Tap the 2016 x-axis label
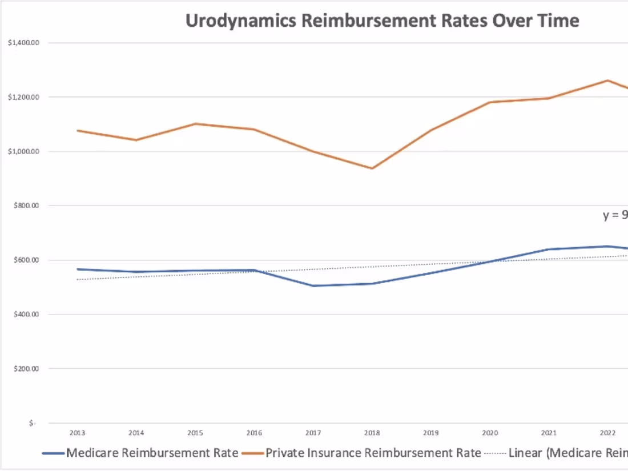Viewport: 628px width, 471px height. tap(254, 432)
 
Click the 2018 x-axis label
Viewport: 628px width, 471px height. tap(372, 432)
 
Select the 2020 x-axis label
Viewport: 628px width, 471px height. tap(490, 432)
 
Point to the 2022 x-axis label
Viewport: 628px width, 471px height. tap(609, 432)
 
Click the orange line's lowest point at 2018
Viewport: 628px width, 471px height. tap(372, 168)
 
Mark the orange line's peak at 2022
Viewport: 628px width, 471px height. tap(609, 80)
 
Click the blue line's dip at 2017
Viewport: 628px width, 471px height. tap(313, 285)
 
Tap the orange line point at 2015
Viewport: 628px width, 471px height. tap(195, 123)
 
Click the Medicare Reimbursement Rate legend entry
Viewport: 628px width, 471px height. tap(152, 453)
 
